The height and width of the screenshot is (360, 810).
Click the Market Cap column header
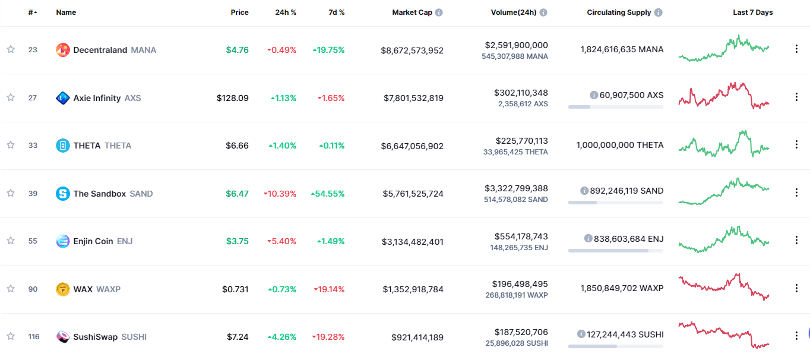(x=412, y=12)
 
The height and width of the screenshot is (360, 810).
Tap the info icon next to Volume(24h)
(x=543, y=12)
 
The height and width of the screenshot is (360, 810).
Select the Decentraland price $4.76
(x=237, y=50)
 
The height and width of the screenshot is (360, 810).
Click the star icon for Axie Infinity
(x=11, y=97)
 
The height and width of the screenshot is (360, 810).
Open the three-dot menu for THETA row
(x=796, y=144)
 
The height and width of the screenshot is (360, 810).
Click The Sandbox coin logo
(x=63, y=193)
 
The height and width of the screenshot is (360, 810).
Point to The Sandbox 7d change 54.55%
(x=328, y=194)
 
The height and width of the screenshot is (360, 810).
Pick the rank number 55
(x=33, y=241)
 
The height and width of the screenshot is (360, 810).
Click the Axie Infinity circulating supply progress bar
(x=615, y=107)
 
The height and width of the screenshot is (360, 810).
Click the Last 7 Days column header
(x=752, y=12)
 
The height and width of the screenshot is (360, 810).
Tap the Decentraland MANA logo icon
(x=63, y=50)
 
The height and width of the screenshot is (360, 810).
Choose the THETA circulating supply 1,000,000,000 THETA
(x=619, y=145)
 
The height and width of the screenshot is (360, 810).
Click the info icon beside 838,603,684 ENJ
(x=588, y=238)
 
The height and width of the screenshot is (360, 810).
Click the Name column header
(x=66, y=12)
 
